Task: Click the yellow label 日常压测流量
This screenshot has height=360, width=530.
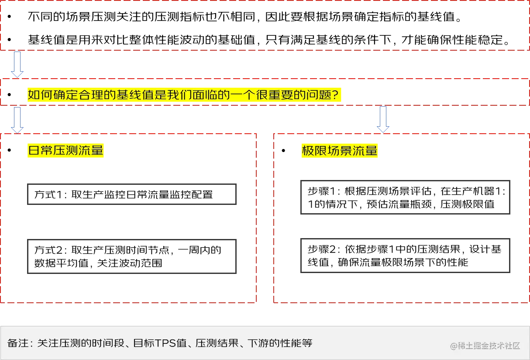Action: [65, 151]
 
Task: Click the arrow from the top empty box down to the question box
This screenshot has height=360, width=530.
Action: [17, 64]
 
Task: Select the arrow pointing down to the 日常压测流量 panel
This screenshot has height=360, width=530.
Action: [17, 119]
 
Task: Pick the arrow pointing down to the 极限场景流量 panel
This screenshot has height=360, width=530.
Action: [382, 119]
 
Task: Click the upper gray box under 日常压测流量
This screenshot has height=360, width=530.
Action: [131, 194]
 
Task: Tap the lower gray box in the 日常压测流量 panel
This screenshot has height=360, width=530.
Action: [131, 257]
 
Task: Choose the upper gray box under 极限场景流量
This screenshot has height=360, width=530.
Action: [406, 197]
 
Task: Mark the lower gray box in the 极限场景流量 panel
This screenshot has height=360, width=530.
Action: [406, 257]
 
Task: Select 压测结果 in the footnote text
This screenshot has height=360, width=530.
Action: [217, 343]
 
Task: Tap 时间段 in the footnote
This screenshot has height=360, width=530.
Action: [113, 343]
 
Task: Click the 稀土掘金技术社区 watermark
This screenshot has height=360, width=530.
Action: [485, 346]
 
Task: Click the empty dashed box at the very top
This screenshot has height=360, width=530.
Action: [265, 26]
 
